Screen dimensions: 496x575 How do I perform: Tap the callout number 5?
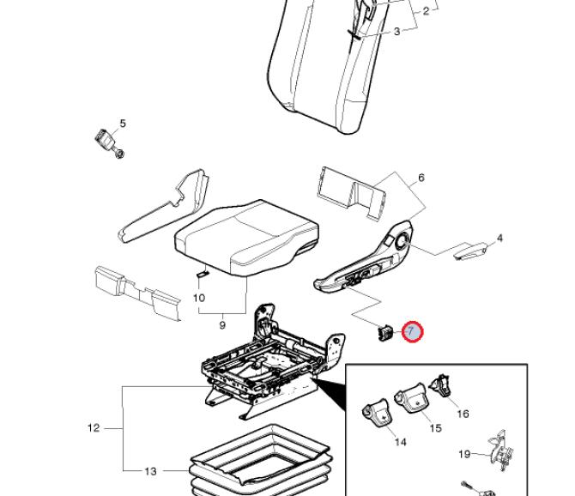tap(123, 124)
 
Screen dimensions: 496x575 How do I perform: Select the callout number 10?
tap(199, 299)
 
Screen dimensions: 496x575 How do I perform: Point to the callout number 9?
tap(222, 325)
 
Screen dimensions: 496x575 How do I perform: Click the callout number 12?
tap(94, 427)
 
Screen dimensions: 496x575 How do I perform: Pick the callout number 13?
tap(150, 470)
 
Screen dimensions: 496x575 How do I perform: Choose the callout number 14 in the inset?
tap(400, 442)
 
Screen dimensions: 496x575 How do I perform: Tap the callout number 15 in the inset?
tap(435, 428)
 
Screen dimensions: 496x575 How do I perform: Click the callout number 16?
tap(463, 414)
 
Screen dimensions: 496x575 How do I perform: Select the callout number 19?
tap(464, 454)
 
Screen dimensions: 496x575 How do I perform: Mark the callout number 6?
tap(421, 178)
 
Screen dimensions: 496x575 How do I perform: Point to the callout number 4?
tap(500, 238)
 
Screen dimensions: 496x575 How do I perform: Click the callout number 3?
tap(397, 32)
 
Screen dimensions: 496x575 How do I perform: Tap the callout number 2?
tap(426, 12)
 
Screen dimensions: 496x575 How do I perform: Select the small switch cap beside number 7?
tap(385, 331)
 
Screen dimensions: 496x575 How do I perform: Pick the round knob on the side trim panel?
tap(401, 245)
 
